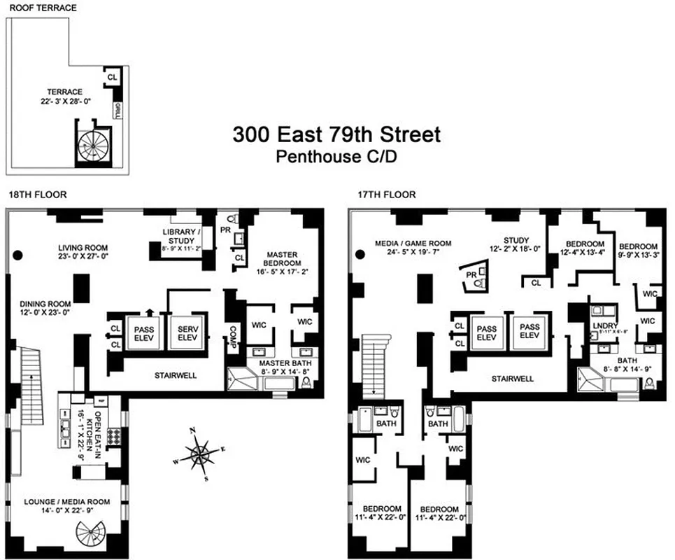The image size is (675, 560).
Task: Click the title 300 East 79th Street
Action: point(336,134)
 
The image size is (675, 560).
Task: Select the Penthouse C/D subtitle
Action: point(336,157)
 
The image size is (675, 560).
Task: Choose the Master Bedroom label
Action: point(282,260)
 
